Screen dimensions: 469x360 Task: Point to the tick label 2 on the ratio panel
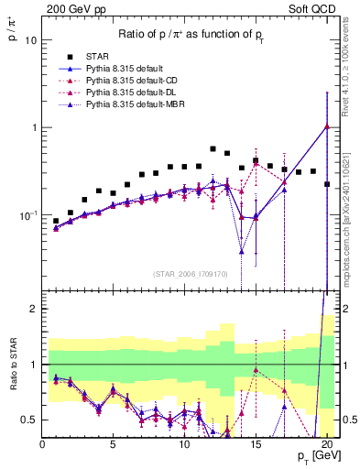coord(35,309)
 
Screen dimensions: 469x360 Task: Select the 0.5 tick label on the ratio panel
coord(30,420)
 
